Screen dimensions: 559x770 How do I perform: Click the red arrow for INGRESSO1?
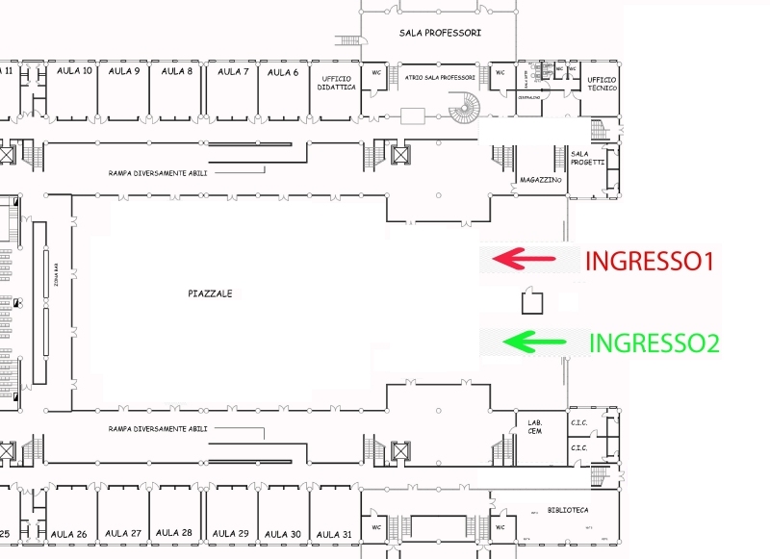point(525,258)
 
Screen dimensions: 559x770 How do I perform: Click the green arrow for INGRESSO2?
point(530,341)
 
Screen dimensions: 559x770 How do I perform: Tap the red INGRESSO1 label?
point(649,261)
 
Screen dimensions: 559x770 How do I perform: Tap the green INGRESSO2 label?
point(654,343)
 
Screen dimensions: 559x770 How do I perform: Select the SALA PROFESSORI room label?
point(440,33)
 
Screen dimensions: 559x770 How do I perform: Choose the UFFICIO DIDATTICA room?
point(337,83)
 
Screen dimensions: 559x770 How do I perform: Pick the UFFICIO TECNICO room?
point(603,84)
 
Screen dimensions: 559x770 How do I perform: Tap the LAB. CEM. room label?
point(534,426)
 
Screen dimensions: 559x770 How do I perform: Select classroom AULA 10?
point(74,71)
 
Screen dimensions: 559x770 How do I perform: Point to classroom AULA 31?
point(334,534)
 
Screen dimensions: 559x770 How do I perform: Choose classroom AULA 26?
point(68,534)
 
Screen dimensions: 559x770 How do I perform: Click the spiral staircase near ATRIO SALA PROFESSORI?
point(467,108)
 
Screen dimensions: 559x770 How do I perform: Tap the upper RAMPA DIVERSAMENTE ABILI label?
point(158,173)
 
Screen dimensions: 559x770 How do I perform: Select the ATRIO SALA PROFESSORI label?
point(440,77)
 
